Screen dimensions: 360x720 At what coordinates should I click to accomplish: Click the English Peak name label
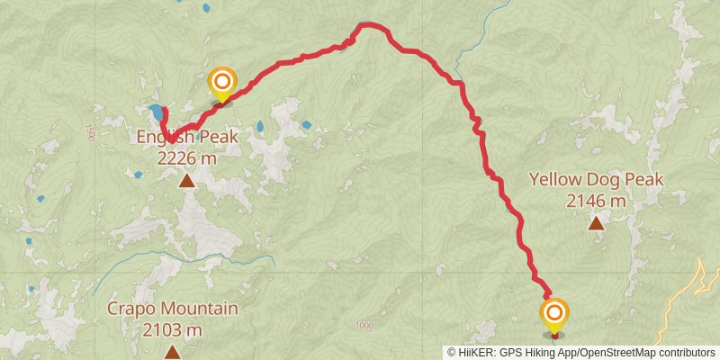point(187,138)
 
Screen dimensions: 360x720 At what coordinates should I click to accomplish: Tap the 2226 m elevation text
point(187,158)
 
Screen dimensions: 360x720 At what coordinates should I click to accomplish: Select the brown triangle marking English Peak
point(187,182)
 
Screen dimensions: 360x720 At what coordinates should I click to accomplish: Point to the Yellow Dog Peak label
point(596,180)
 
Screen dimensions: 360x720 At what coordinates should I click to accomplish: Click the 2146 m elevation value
point(596,201)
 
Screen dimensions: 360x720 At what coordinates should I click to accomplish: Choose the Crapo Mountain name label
point(173,309)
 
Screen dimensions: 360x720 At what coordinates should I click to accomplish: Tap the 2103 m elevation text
point(173,329)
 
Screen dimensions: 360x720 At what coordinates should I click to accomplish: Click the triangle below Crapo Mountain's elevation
point(173,352)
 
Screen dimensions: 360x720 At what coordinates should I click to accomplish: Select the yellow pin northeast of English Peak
point(221,83)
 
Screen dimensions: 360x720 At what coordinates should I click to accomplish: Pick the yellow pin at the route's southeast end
point(554,315)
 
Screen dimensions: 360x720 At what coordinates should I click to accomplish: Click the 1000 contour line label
point(364,326)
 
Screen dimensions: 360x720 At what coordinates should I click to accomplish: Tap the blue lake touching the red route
point(157,113)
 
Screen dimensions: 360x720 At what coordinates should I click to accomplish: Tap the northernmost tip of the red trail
point(364,25)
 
